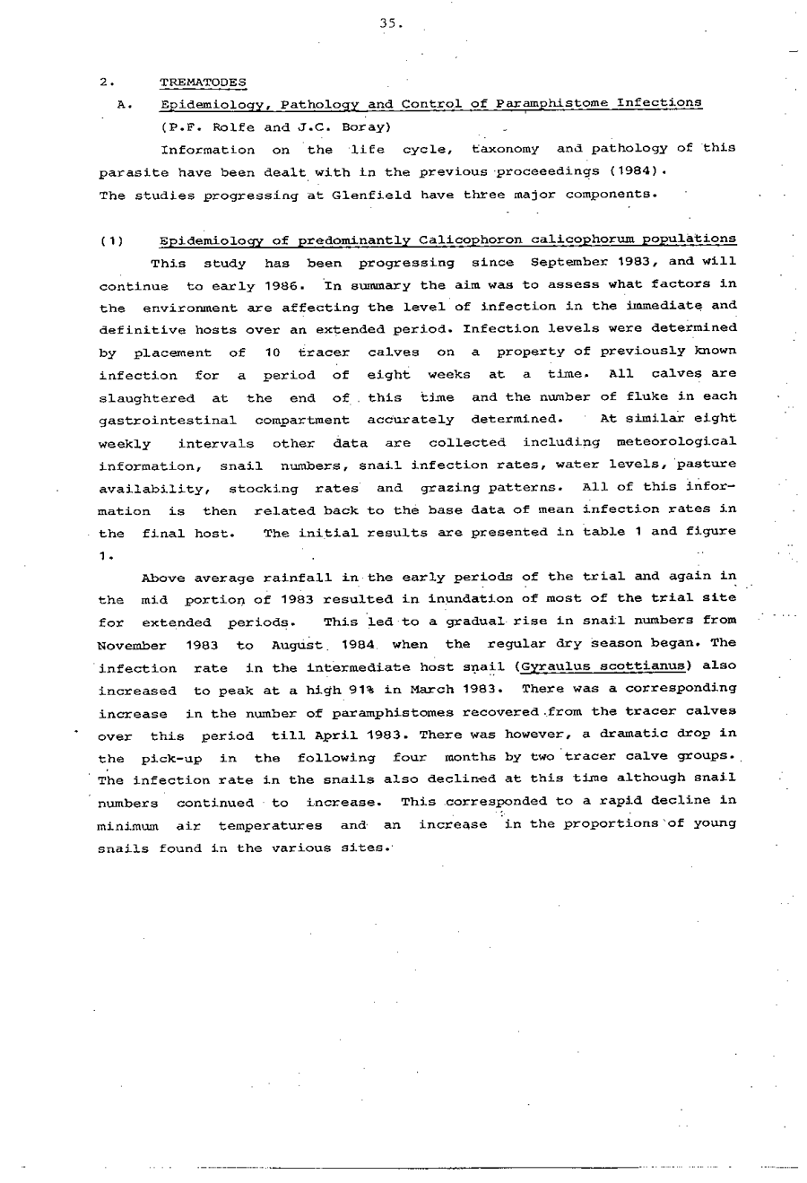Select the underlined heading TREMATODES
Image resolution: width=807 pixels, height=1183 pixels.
(203, 83)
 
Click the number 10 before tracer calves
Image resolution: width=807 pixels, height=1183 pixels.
(273, 352)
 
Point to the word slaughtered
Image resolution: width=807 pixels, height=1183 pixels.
(146, 397)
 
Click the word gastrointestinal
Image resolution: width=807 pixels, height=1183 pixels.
(167, 420)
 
